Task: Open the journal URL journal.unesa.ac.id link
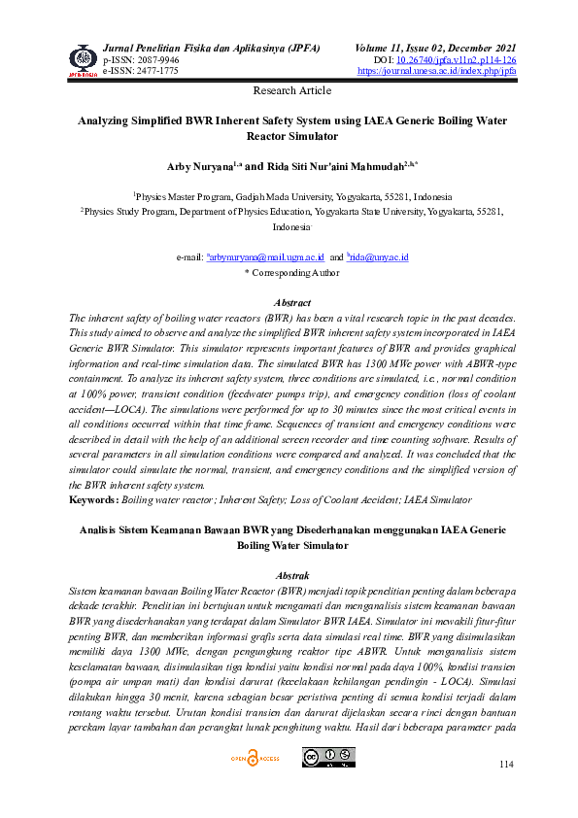(436, 71)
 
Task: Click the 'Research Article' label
(291, 90)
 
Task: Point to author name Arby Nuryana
(199, 166)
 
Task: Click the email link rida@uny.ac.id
(380, 257)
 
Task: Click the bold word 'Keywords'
(93, 499)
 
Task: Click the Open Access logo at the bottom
(254, 758)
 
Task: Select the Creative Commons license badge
(328, 757)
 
